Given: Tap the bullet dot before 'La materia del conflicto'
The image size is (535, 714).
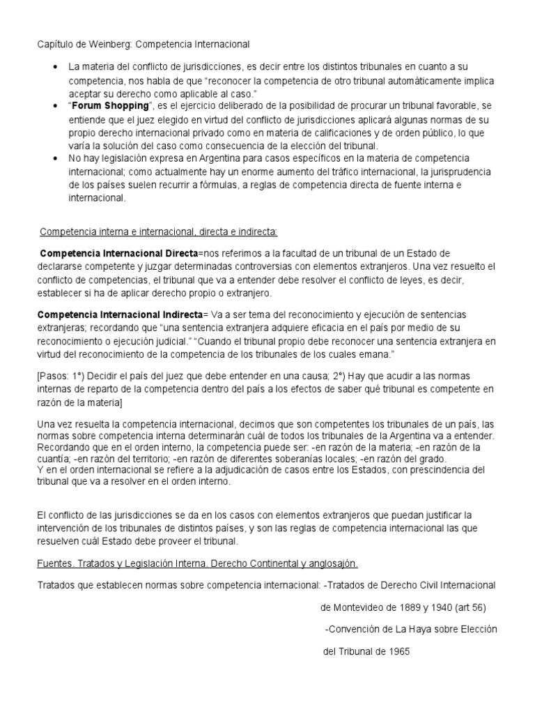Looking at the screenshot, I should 56,67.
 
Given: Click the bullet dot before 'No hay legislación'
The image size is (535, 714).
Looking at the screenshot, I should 56,158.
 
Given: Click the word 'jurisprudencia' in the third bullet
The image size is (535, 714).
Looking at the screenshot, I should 460,172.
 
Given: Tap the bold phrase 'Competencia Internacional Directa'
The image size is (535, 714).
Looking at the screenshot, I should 119,252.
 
